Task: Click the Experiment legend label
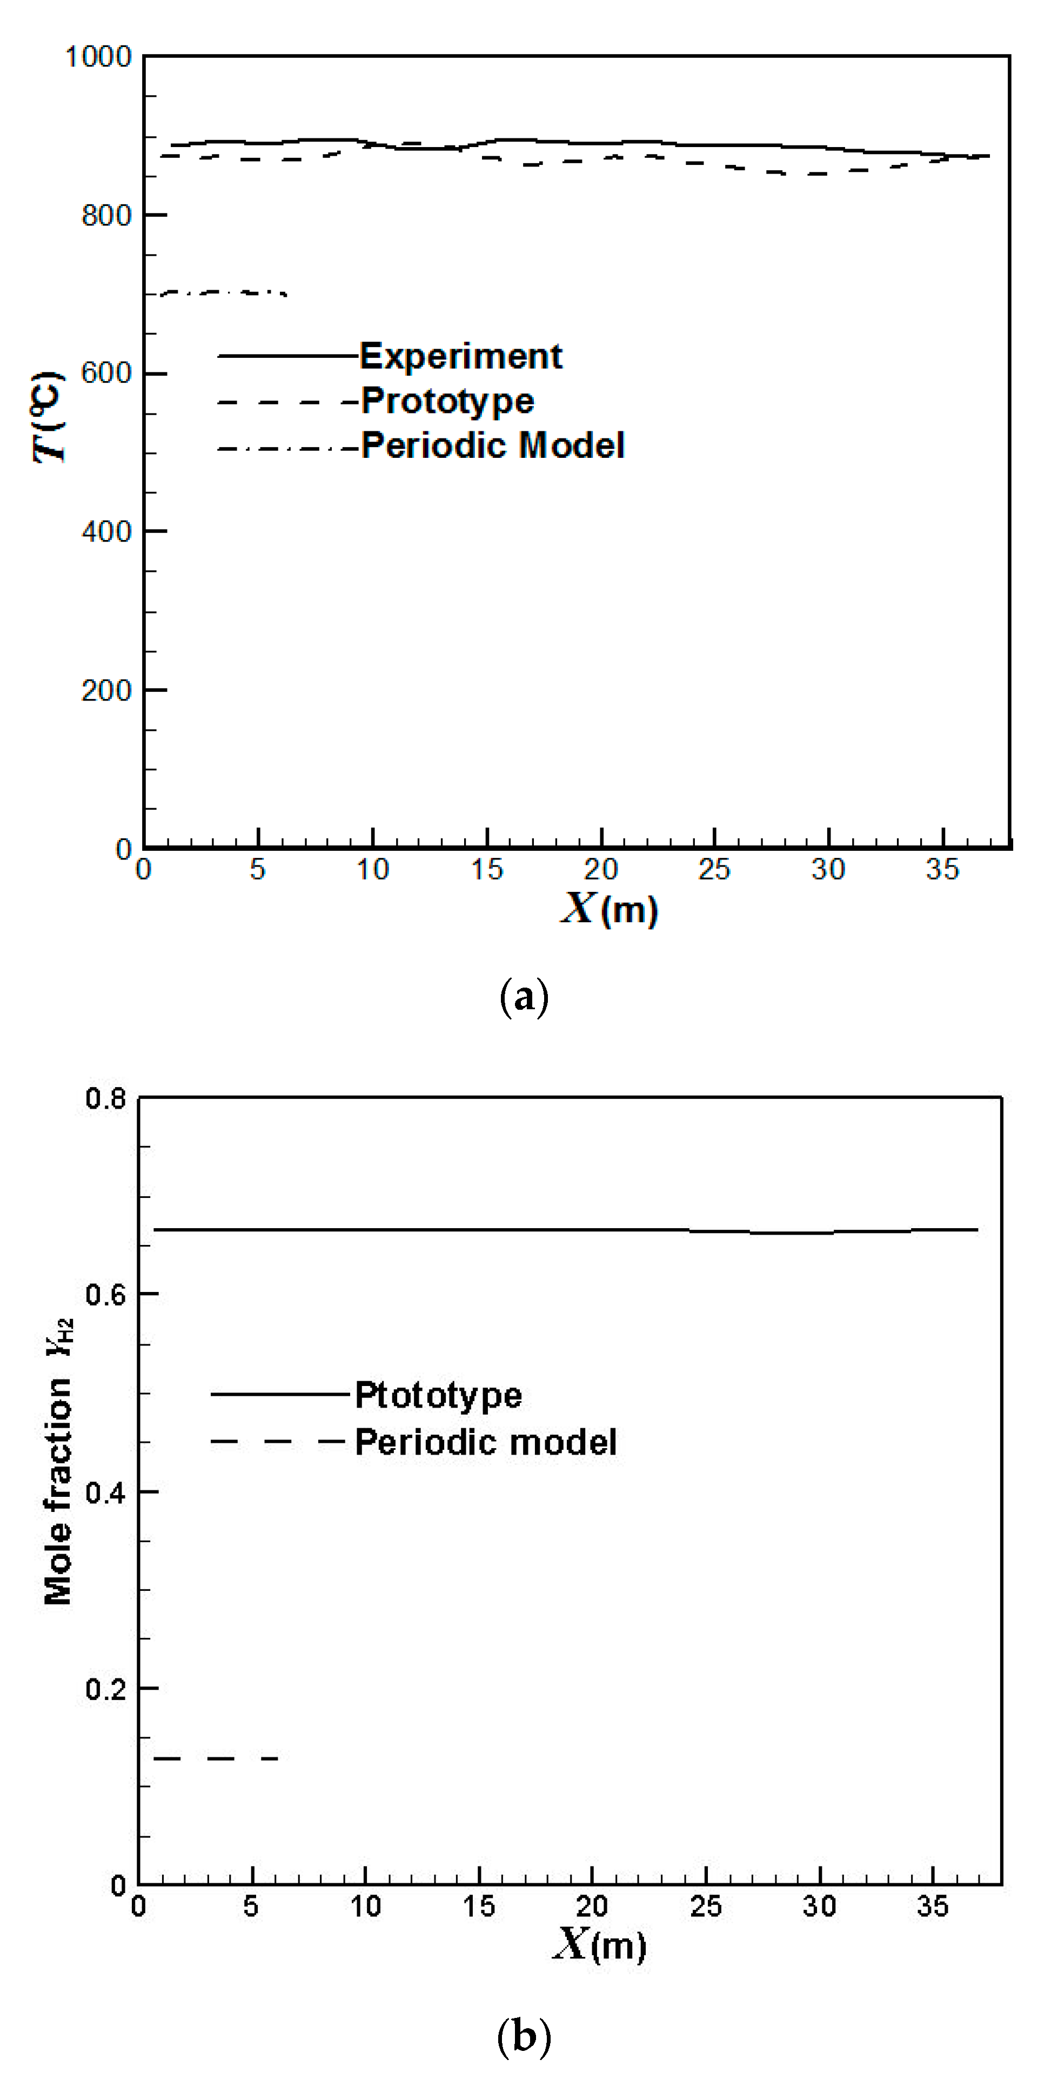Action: (460, 356)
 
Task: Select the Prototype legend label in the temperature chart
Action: (447, 401)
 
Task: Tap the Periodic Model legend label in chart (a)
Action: (493, 445)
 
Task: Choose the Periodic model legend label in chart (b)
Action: (486, 1442)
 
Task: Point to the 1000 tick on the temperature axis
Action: (98, 57)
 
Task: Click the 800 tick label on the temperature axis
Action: (106, 216)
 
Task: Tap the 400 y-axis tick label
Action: (106, 532)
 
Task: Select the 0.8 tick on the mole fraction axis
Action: (106, 1098)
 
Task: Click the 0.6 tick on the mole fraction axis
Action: (106, 1295)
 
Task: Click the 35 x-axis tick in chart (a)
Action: (942, 870)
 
